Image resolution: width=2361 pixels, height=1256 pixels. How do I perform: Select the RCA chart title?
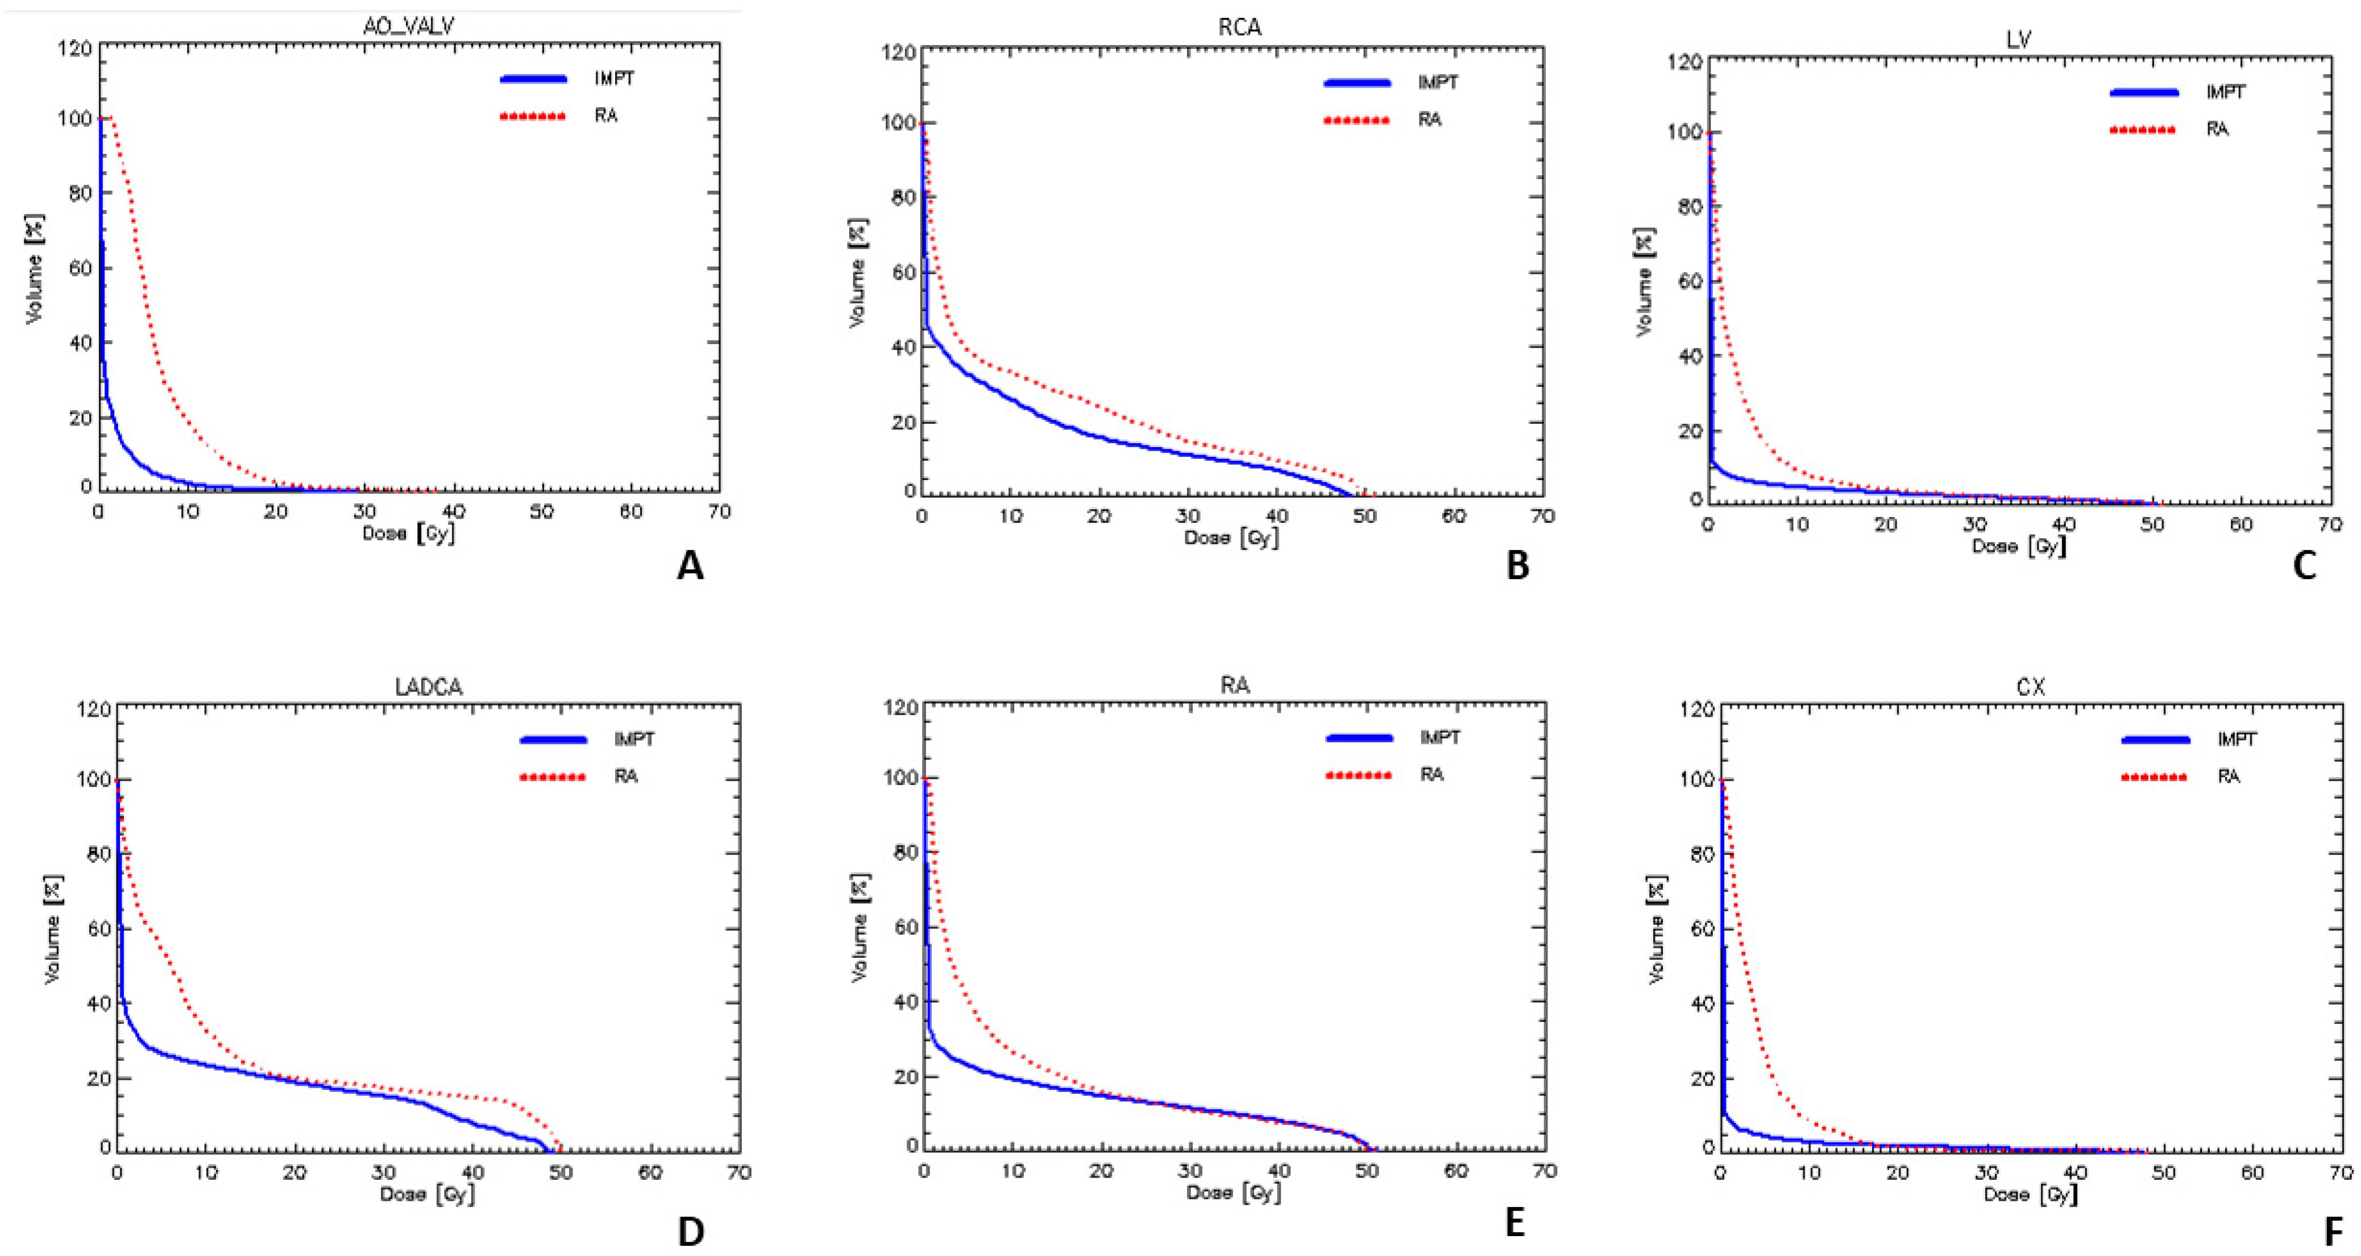[1239, 27]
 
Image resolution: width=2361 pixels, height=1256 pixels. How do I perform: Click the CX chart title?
[2032, 686]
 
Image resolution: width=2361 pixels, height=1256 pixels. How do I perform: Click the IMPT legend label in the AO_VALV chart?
[613, 79]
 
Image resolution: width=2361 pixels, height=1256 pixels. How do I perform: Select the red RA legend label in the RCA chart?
[1430, 120]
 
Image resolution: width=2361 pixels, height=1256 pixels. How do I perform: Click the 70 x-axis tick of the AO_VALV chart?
[720, 511]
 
